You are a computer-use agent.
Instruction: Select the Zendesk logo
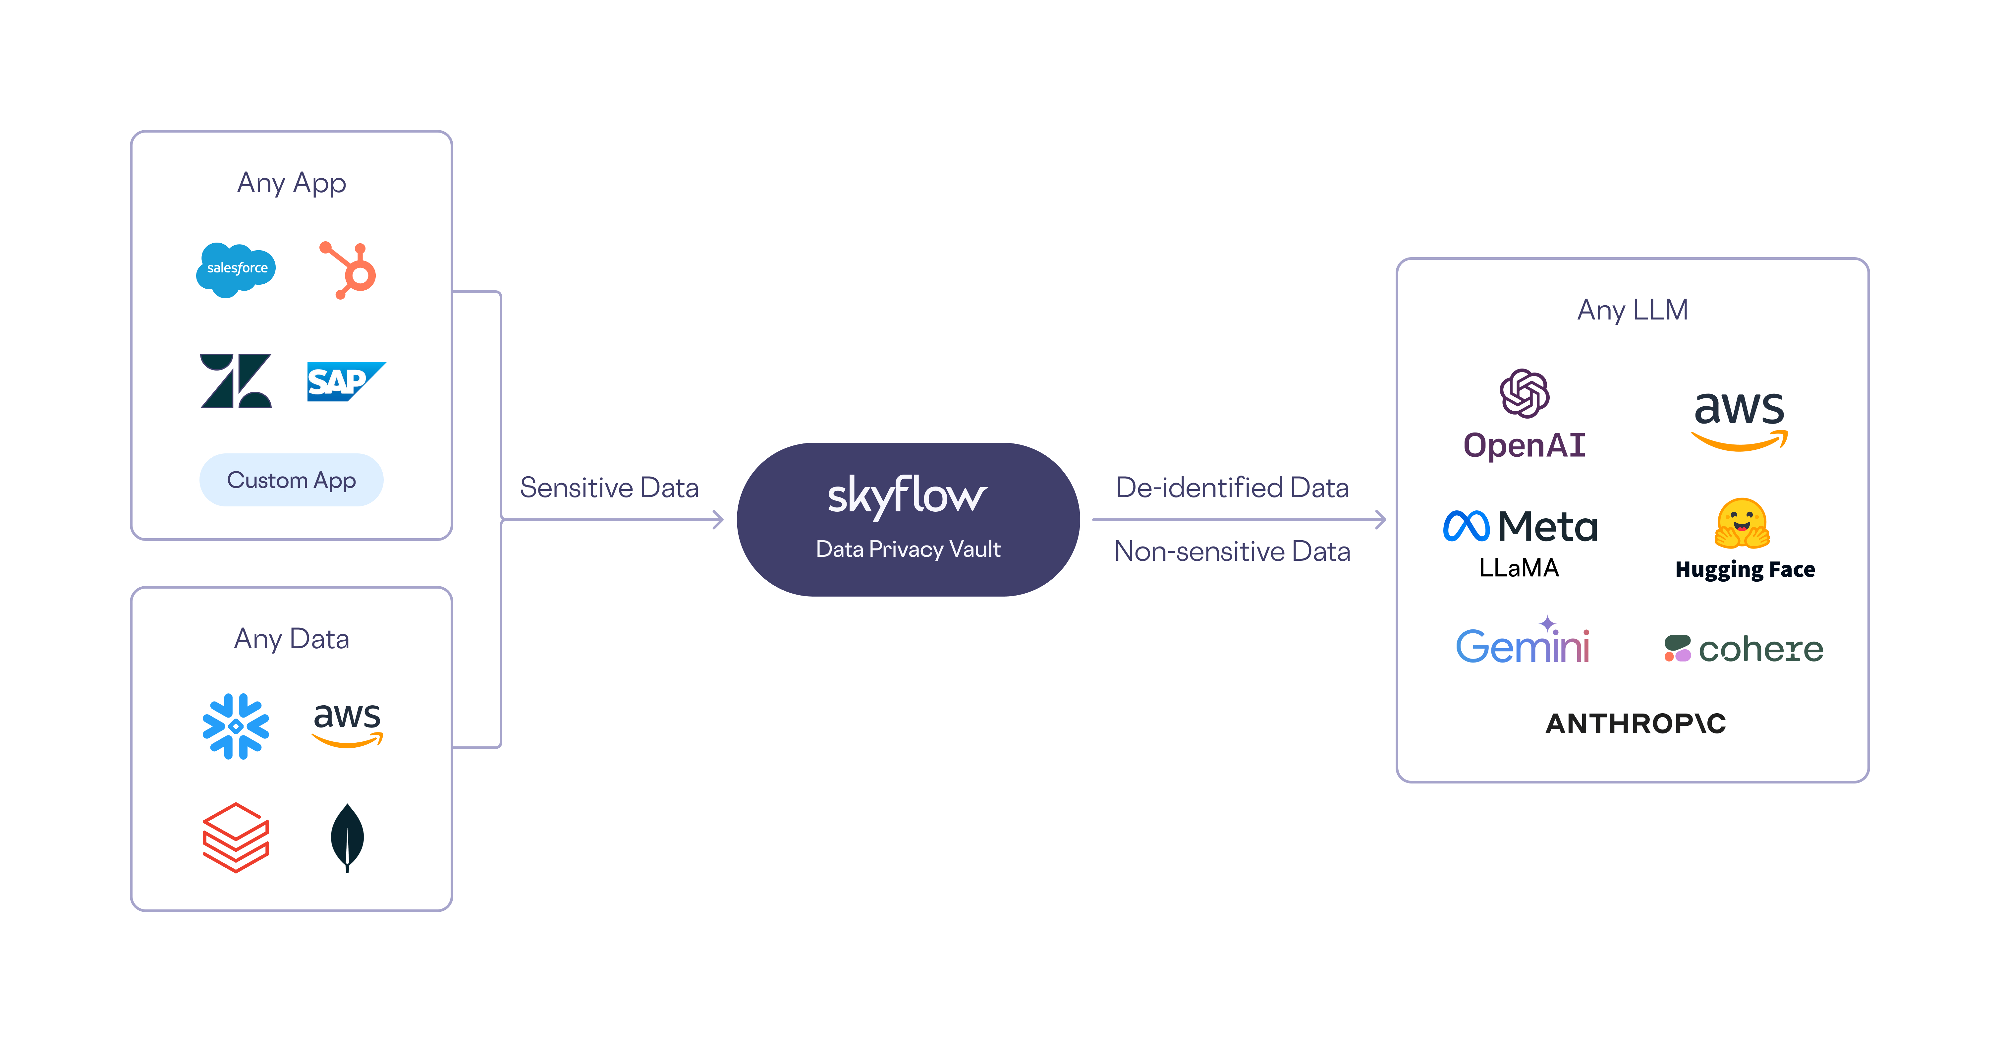coord(236,381)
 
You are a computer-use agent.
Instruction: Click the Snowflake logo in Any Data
coord(236,726)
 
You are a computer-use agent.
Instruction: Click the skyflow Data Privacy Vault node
coord(908,519)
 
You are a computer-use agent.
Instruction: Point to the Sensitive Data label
coord(609,488)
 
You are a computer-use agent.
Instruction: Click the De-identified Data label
coord(1231,488)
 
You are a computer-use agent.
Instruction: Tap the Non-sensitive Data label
coord(1231,551)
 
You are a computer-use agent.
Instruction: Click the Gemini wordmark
coord(1523,645)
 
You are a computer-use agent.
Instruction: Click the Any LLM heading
coord(1632,310)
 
